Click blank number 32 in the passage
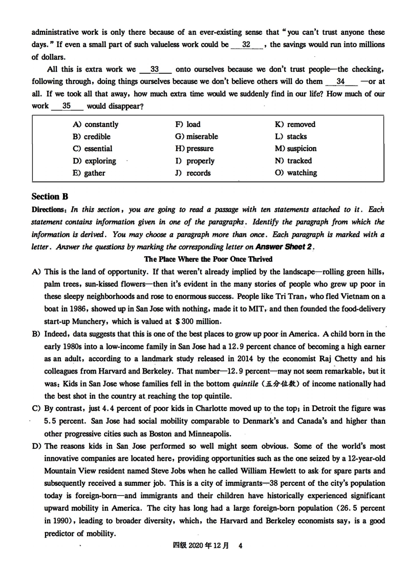coord(246,45)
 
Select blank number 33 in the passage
coord(155,69)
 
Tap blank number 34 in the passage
coord(340,81)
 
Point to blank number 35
coord(67,106)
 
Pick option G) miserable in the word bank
coord(197,137)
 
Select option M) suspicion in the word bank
coord(295,149)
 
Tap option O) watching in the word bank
coord(295,173)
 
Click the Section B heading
coord(50,197)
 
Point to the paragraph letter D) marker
coord(36,446)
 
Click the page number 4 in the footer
coord(240,546)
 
